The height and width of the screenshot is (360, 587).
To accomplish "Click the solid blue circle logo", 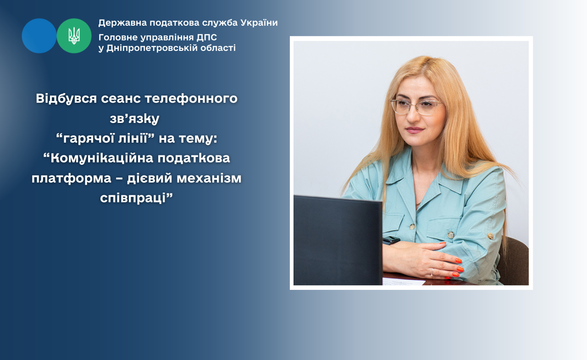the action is coord(39,36).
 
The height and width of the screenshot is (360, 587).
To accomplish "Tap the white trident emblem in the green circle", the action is coord(74,36).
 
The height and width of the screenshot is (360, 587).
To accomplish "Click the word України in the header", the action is coord(259,23).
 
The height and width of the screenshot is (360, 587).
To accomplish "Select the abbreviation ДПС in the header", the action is coord(207,38).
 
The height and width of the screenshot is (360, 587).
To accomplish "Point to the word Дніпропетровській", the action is coord(152,48).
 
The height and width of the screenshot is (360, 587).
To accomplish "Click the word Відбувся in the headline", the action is coord(66,99).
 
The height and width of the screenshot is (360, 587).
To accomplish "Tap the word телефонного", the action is coord(191,99).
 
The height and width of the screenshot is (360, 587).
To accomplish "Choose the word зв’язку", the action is coord(134,119).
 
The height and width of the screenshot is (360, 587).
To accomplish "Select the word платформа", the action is coord(72,178).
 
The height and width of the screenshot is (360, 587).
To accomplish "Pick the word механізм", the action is coord(209,178).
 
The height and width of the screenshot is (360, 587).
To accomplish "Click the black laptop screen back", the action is coord(338,240).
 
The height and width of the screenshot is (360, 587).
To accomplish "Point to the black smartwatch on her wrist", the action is coord(391,240).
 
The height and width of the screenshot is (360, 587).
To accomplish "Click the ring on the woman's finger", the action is coord(432,272).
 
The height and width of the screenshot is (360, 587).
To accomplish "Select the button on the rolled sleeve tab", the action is coord(490,236).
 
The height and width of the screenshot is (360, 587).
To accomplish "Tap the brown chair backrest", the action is coord(513,261).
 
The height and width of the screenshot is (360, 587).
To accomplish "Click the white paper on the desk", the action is coord(404,282).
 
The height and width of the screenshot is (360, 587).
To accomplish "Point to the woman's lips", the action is coord(414,130).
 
